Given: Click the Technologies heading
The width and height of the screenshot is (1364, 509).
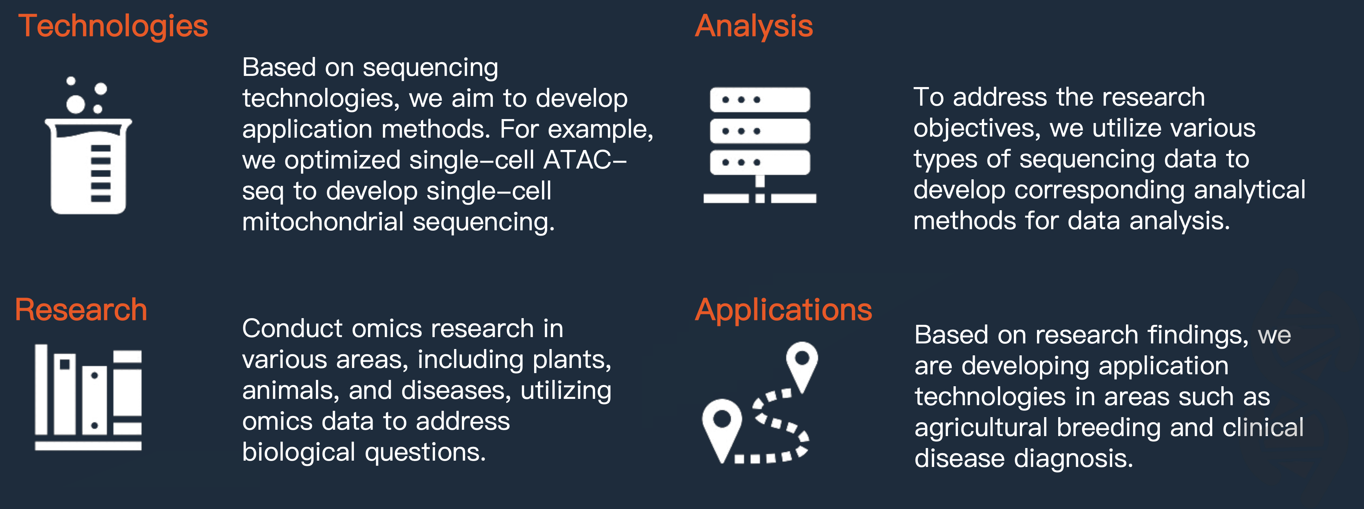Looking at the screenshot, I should click(113, 26).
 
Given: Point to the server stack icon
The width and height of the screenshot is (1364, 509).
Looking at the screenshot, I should click(759, 144).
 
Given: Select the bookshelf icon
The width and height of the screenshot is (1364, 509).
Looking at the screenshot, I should click(88, 397).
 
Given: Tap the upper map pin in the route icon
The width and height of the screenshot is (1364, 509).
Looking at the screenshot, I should click(802, 362).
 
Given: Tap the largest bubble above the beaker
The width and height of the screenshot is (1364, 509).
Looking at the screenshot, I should click(75, 104).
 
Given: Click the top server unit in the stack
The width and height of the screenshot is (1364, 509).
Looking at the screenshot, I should click(759, 99).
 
